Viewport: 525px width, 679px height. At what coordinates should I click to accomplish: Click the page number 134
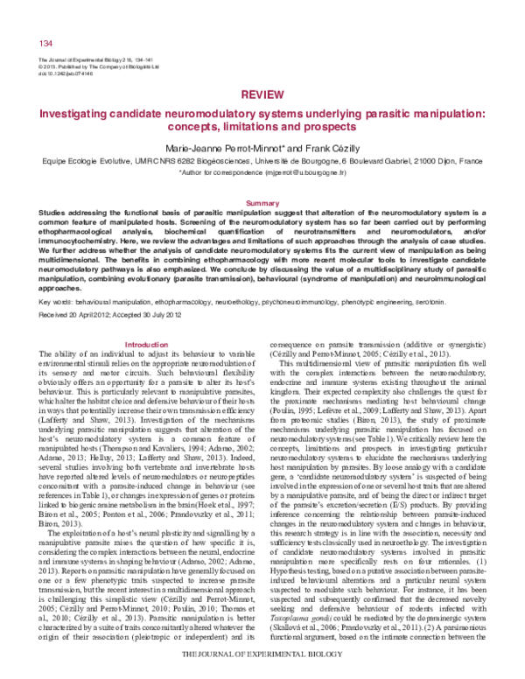tap(46, 43)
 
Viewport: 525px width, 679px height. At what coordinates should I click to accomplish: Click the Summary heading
tap(262, 202)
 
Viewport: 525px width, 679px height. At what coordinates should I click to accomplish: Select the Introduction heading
tap(147, 320)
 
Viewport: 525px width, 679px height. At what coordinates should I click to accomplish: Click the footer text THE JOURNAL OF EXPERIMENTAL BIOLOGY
tap(262, 655)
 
